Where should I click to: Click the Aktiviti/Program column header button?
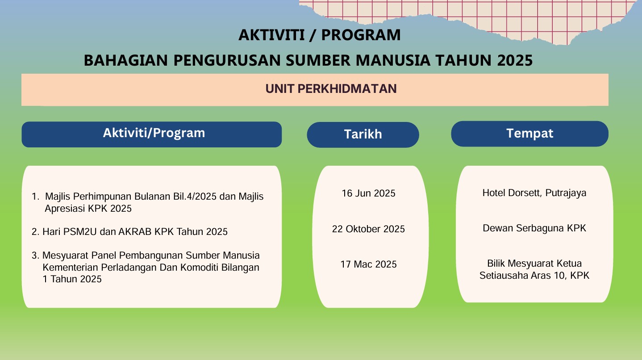coord(152,134)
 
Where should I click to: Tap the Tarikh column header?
coord(363,134)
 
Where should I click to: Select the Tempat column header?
coord(529,134)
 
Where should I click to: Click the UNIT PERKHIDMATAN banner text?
coord(331,89)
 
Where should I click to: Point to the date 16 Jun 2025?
coord(368,193)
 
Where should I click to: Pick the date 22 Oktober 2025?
coord(368,229)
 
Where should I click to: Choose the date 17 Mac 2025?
coord(368,264)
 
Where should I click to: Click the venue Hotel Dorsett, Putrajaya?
coord(534,193)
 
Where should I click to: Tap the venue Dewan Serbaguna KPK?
coord(534,228)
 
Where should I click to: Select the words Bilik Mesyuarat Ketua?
coord(534,264)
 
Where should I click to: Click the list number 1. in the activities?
coord(36,197)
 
